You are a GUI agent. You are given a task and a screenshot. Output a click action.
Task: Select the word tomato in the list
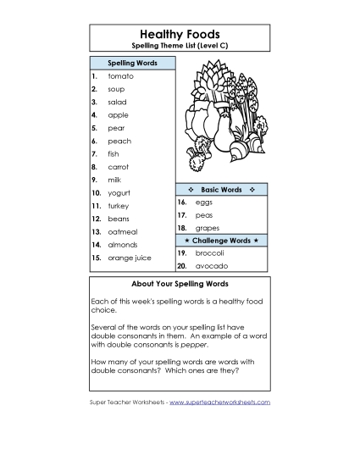pyautogui.click(x=120, y=76)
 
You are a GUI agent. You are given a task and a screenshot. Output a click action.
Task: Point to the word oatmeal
pyautogui.click(x=122, y=231)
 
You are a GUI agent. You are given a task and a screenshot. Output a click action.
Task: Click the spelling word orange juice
pyautogui.click(x=130, y=258)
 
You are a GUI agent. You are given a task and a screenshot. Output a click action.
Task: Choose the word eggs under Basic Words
pyautogui.click(x=204, y=203)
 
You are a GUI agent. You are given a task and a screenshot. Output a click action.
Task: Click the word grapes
pyautogui.click(x=208, y=228)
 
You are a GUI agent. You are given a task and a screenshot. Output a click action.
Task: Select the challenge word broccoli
pyautogui.click(x=209, y=252)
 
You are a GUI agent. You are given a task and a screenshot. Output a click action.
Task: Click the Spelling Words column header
pyautogui.click(x=131, y=63)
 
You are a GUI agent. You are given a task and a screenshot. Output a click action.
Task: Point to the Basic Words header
pyautogui.click(x=221, y=190)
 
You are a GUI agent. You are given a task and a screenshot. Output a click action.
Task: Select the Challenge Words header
pyautogui.click(x=221, y=241)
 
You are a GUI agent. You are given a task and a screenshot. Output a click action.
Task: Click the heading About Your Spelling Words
pyautogui.click(x=179, y=283)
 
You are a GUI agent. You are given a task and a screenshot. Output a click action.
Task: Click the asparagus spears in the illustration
pyautogui.click(x=246, y=93)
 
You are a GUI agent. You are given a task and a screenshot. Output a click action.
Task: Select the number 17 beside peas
pyautogui.click(x=181, y=216)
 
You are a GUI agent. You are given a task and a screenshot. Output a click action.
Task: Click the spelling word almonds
pyautogui.click(x=122, y=244)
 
